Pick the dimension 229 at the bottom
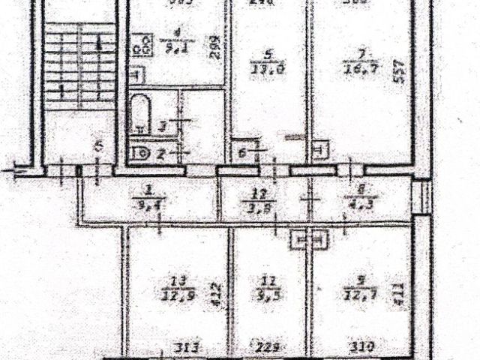(259, 347)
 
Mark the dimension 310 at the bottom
(361, 347)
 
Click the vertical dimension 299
(214, 49)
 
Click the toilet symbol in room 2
(140, 154)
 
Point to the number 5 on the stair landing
(100, 147)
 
